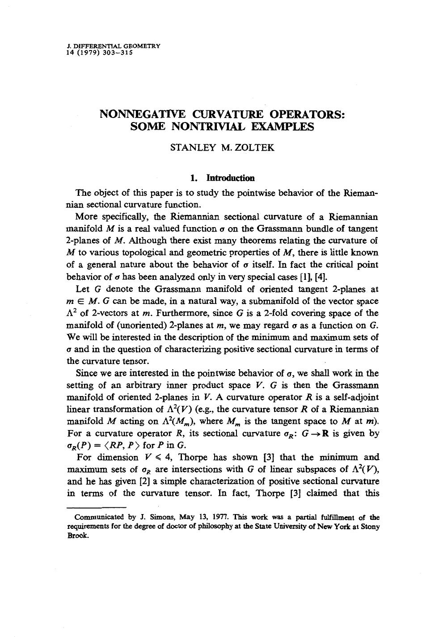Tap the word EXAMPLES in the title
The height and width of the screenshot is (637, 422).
pyautogui.click(x=283, y=127)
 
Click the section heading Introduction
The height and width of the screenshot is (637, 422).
pyautogui.click(x=230, y=178)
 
